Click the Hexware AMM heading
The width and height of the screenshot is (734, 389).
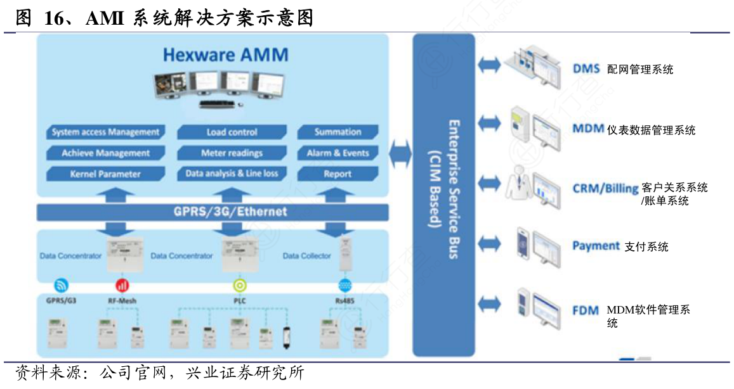225,54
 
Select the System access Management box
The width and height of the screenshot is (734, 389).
105,132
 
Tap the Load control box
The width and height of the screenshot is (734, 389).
232,132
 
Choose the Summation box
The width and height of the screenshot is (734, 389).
338,132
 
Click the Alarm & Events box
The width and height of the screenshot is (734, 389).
338,153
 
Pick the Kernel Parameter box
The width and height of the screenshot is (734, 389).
105,174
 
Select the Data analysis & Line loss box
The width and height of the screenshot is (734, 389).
232,173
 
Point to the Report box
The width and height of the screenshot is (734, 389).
338,174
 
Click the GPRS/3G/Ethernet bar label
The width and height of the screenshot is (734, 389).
230,212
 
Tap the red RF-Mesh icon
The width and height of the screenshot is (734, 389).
122,284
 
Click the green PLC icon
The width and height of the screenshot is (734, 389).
240,284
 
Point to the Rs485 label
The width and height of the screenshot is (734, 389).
345,300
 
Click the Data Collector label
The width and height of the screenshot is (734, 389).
306,256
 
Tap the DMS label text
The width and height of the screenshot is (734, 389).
586,68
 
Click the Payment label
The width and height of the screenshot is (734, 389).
596,246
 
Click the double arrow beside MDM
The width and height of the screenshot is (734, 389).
489,123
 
